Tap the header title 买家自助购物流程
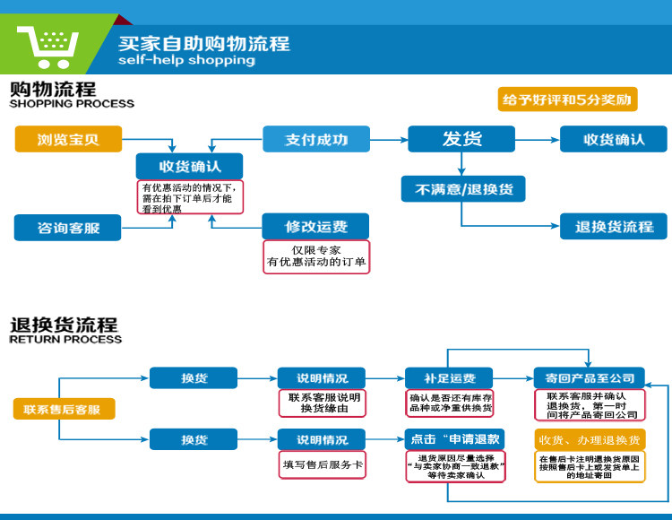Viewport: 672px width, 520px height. [204, 43]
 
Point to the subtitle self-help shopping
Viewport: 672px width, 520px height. [186, 60]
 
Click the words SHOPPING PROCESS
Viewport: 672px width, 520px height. [72, 104]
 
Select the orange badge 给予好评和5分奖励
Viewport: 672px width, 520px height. [567, 99]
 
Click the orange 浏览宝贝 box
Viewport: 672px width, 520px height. [68, 139]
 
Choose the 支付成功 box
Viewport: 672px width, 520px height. [316, 139]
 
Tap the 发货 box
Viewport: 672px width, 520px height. [461, 139]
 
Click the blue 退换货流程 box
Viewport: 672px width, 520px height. [614, 226]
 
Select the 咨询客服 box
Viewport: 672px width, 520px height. [68, 228]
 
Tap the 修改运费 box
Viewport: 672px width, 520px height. [316, 226]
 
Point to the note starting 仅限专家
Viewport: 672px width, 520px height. [316, 256]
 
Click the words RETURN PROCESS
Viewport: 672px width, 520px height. [65, 340]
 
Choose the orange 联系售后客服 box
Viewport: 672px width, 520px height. [63, 410]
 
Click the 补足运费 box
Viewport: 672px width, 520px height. [450, 377]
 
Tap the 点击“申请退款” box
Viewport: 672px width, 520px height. [454, 439]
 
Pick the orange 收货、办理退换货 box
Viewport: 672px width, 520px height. [589, 439]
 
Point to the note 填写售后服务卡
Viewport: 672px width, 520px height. [323, 464]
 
